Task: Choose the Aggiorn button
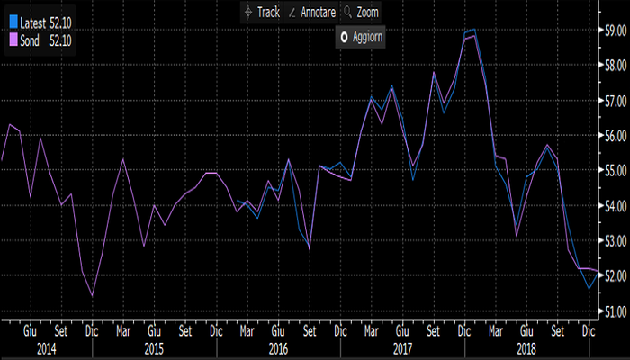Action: coord(359,38)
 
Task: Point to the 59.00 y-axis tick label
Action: coord(615,30)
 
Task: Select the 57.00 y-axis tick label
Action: coord(615,100)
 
